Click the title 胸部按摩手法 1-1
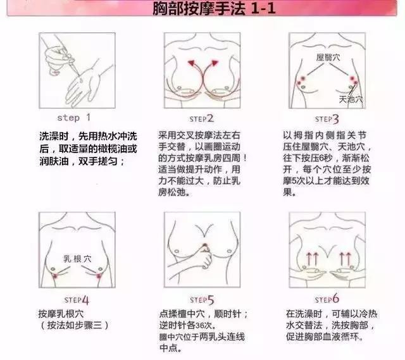coord(202,11)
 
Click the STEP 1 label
coord(74,118)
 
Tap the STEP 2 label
coord(202,118)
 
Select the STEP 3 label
coord(327,118)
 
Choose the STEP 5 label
coord(202,299)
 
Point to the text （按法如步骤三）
coord(74,325)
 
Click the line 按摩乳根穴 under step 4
coord(64,314)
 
